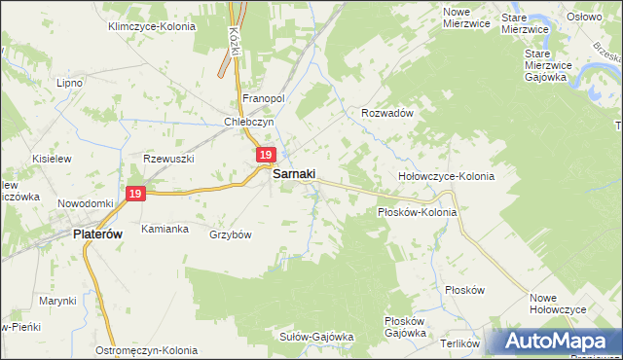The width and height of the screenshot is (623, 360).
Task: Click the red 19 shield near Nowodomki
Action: click(x=135, y=195)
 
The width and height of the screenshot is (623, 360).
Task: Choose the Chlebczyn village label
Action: click(x=250, y=123)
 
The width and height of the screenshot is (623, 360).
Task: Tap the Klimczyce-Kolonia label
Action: click(x=151, y=27)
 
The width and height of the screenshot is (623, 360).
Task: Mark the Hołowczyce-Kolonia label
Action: click(x=447, y=177)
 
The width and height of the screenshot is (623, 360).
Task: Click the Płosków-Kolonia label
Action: click(x=417, y=211)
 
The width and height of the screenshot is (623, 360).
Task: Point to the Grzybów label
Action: click(x=231, y=235)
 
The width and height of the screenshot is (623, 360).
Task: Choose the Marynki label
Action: click(x=57, y=301)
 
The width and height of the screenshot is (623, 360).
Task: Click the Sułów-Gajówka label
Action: click(x=316, y=337)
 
